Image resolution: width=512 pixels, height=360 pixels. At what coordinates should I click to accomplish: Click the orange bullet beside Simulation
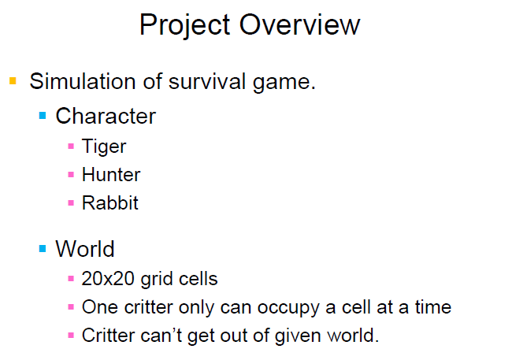point(13,80)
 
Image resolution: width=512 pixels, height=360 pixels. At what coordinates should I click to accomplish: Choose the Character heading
point(106,117)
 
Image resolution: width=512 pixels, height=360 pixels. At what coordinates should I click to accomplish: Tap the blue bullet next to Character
point(43,117)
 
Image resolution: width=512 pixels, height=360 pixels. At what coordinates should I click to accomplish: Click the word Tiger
point(104,147)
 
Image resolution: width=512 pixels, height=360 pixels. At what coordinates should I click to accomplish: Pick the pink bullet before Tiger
point(71,146)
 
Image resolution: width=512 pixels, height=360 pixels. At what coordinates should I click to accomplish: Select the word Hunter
point(111,174)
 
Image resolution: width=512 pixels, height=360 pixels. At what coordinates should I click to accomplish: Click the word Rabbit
point(110,202)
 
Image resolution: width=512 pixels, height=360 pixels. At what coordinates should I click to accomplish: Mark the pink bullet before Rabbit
point(71,202)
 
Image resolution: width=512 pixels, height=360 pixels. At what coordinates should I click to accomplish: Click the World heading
point(85,249)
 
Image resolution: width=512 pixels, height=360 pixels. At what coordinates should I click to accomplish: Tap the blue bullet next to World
point(43,249)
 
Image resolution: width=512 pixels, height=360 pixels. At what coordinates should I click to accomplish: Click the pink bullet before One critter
point(71,306)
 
